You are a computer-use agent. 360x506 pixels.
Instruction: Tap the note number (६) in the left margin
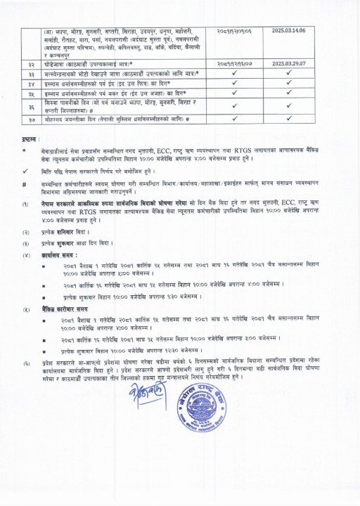(25, 363)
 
